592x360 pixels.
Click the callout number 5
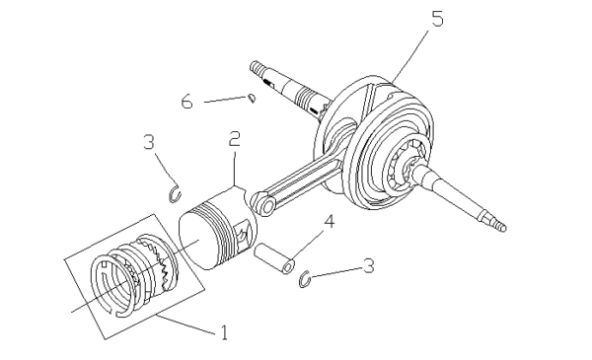(x=437, y=18)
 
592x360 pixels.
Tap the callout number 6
(x=186, y=102)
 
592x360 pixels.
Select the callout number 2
(x=235, y=138)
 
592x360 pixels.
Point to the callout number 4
(x=330, y=222)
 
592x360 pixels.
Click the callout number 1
(x=225, y=332)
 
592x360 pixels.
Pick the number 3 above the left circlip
(x=149, y=142)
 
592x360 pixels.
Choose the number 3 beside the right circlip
(x=368, y=265)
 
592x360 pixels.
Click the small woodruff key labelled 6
(x=253, y=98)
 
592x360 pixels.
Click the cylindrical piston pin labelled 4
(x=273, y=258)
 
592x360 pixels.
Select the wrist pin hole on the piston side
(x=242, y=236)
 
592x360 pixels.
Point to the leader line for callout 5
(x=410, y=57)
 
